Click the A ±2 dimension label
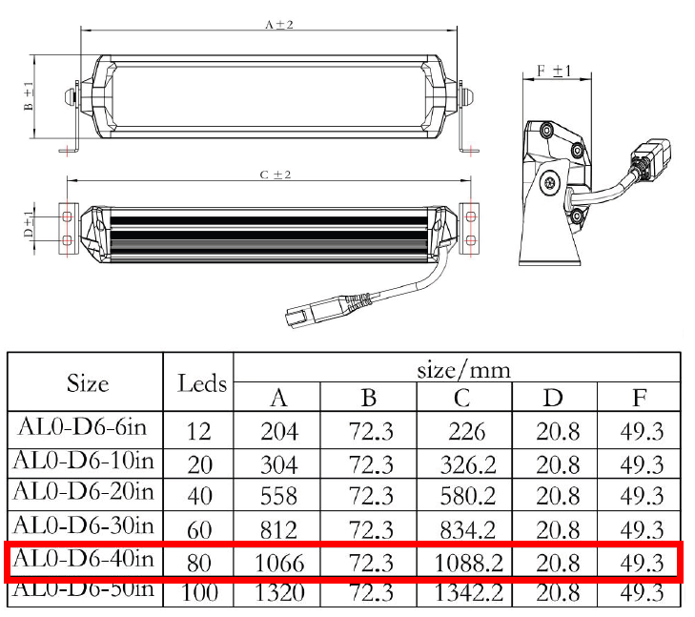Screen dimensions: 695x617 click(279, 25)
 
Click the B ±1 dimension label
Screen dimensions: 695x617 click(29, 96)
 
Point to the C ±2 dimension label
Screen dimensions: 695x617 click(276, 175)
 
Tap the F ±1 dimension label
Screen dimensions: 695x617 click(554, 71)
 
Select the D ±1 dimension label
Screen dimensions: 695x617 click(29, 224)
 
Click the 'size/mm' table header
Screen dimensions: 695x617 click(463, 370)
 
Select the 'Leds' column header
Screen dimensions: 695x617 click(202, 383)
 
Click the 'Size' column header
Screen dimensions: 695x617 click(88, 383)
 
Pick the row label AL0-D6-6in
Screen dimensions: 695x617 click(82, 427)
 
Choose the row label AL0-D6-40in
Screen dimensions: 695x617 click(83, 559)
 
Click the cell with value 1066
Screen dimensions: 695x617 click(279, 563)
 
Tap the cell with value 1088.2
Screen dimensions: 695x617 click(468, 563)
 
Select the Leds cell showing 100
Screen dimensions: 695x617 click(199, 592)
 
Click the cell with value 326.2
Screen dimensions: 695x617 click(468, 465)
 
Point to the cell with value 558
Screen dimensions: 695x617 click(278, 496)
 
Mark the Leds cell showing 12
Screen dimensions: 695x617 click(198, 431)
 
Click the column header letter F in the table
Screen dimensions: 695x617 click(639, 398)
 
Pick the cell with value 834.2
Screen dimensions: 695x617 click(468, 529)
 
